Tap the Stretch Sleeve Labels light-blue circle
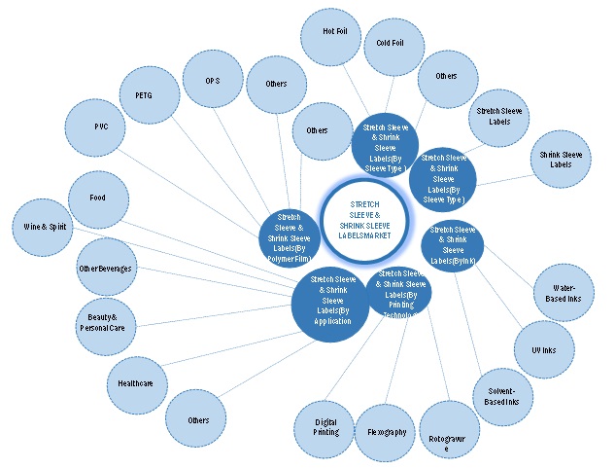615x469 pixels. coord(501,119)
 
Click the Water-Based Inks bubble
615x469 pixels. coord(563,294)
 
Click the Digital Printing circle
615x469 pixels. coord(326,425)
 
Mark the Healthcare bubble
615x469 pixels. coord(136,382)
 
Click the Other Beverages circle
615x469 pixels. coord(105,268)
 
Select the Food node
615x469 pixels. coord(97,198)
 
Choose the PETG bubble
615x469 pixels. coord(151,95)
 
